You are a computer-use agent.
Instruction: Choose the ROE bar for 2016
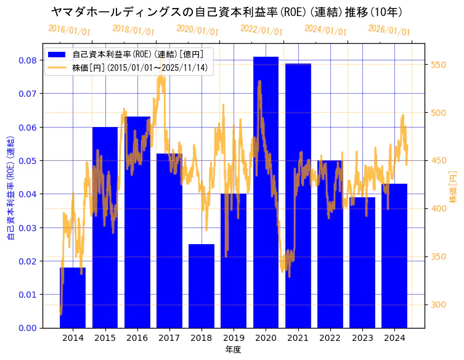click(x=137, y=222)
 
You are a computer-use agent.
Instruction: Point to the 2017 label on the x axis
click(x=169, y=338)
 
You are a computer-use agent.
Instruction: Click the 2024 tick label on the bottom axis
click(x=394, y=338)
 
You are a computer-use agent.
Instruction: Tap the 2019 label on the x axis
click(x=234, y=338)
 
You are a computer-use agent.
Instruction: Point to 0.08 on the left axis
click(x=27, y=60)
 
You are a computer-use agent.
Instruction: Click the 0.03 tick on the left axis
click(x=27, y=227)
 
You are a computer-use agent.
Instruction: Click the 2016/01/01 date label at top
click(x=69, y=30)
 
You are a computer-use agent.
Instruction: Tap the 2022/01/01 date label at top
click(x=261, y=30)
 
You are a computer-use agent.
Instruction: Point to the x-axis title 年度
click(x=233, y=350)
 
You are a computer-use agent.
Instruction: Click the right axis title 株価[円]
click(x=453, y=187)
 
